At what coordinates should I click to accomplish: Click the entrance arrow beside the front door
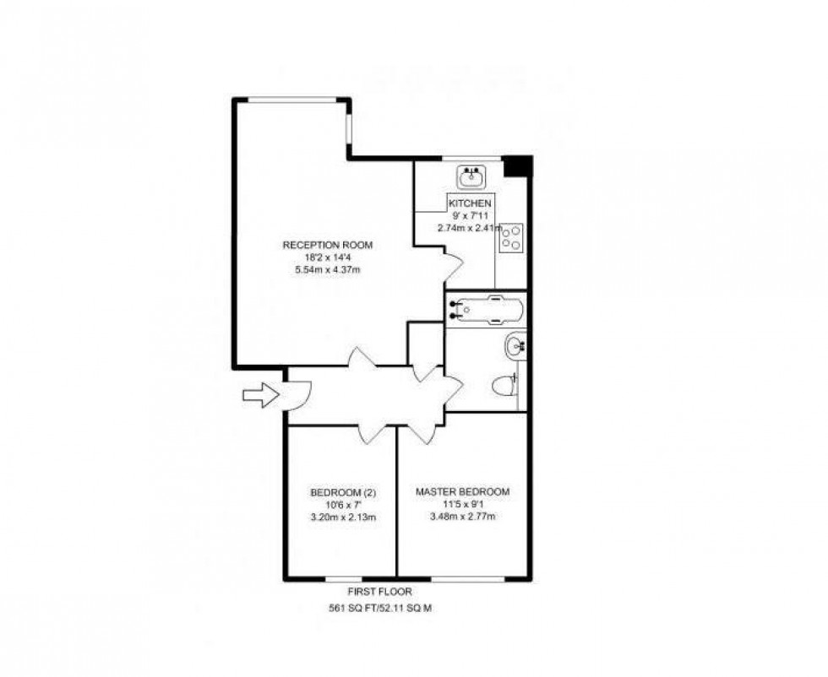261,395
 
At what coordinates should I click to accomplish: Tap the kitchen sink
471,177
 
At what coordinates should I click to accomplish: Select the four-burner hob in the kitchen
510,237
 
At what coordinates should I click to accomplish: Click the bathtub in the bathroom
487,310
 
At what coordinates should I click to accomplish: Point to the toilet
504,386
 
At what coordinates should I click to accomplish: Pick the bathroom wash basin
515,346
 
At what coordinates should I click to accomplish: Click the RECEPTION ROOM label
328,245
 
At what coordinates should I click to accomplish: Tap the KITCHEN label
470,203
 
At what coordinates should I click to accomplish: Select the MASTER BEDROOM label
463,492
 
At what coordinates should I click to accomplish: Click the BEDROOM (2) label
343,493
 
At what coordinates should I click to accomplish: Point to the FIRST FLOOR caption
379,592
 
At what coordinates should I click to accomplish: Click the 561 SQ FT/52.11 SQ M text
380,608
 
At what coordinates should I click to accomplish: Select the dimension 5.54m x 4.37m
328,269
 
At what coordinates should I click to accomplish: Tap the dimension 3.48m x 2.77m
463,516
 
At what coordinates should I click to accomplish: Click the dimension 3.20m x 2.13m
344,517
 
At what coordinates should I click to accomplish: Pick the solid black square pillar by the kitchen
516,167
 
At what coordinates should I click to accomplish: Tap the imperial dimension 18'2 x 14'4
328,257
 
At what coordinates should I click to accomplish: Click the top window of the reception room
292,100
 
